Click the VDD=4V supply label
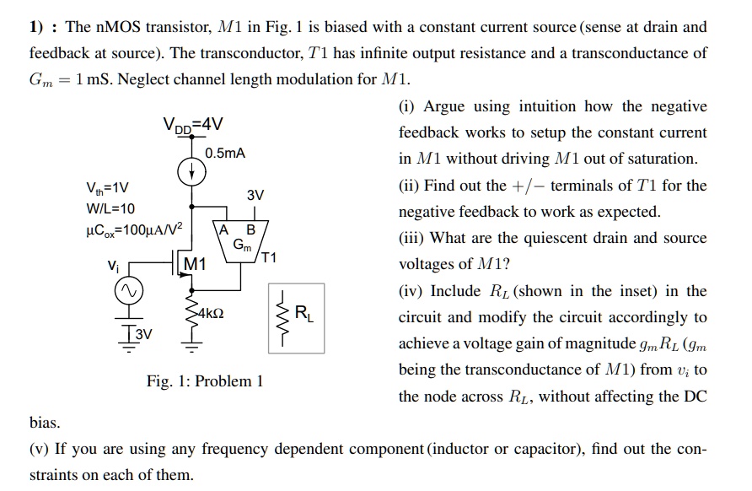(193, 125)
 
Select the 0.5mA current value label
(225, 154)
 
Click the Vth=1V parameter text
(107, 187)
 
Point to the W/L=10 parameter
(110, 208)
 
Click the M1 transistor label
(195, 264)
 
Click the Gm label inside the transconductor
(242, 245)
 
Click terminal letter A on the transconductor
(223, 230)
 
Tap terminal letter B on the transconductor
(250, 230)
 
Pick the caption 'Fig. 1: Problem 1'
(205, 381)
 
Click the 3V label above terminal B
(255, 196)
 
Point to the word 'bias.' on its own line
(45, 421)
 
